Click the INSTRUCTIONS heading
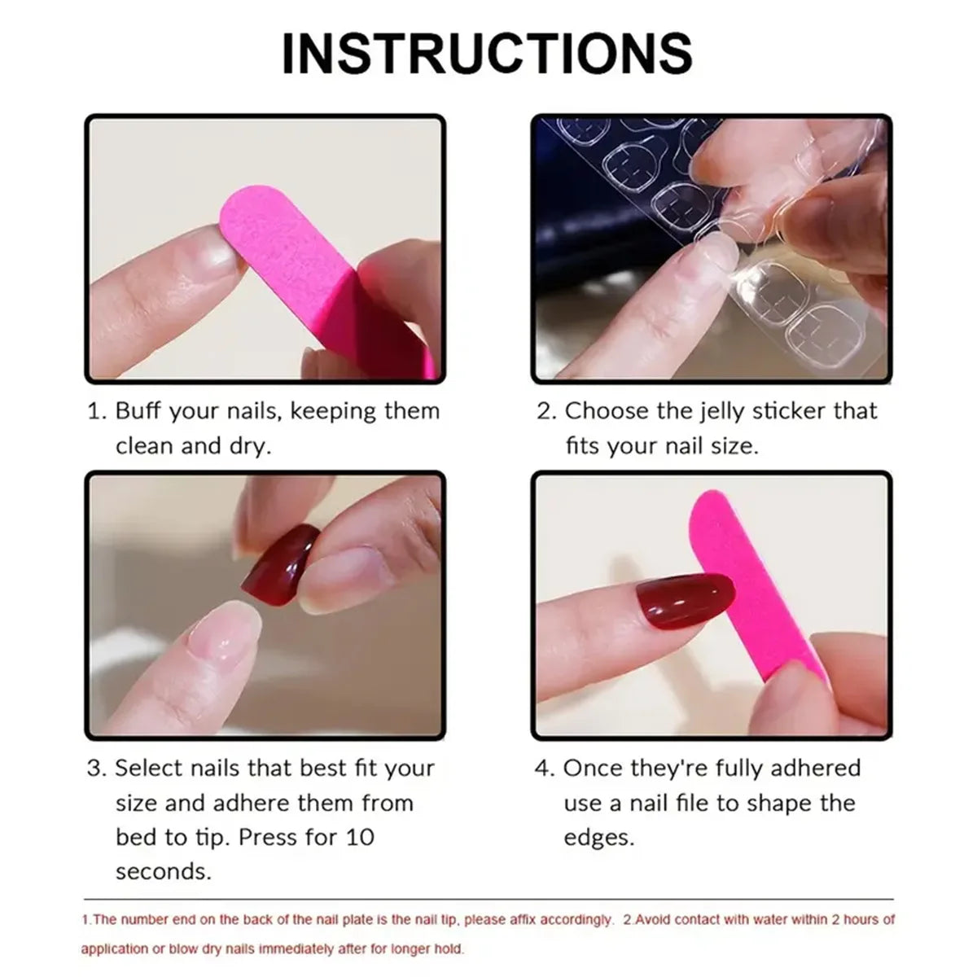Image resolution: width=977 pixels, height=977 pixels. pyautogui.click(x=487, y=54)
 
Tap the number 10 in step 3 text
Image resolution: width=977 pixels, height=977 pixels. pyautogui.click(x=358, y=837)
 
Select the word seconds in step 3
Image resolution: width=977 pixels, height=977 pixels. pyautogui.click(x=163, y=872)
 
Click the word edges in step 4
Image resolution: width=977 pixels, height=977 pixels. pyautogui.click(x=598, y=838)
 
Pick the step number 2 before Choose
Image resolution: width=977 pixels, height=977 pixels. pyautogui.click(x=544, y=411)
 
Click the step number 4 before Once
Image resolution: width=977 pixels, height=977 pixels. pyautogui.click(x=543, y=769)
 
